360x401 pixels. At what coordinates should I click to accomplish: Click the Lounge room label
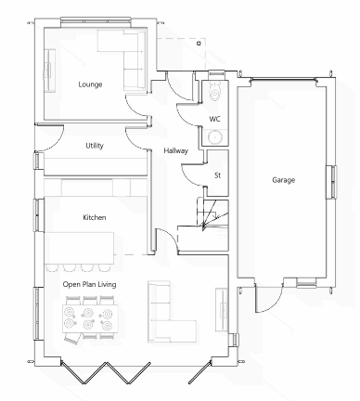pyautogui.click(x=90, y=84)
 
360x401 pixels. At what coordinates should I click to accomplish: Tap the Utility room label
pyautogui.click(x=95, y=146)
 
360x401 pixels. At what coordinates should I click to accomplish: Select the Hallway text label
pyautogui.click(x=175, y=151)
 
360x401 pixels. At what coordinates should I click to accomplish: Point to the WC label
pyautogui.click(x=214, y=119)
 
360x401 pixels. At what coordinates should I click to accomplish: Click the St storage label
pyautogui.click(x=217, y=175)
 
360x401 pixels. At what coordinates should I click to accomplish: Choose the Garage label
pyautogui.click(x=283, y=180)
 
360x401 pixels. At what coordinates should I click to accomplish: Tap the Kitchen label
pyautogui.click(x=95, y=217)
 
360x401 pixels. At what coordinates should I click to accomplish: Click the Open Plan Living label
pyautogui.click(x=89, y=284)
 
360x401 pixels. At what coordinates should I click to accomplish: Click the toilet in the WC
pyautogui.click(x=215, y=90)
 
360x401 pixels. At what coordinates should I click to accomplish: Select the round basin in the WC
pyautogui.click(x=213, y=136)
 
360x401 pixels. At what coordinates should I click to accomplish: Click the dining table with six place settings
pyautogui.click(x=90, y=318)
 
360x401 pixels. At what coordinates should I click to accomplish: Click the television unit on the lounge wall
pyautogui.click(x=49, y=71)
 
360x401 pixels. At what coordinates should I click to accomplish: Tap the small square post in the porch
pyautogui.click(x=199, y=44)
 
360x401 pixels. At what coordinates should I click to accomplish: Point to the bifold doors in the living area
pyautogui.click(x=105, y=372)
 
